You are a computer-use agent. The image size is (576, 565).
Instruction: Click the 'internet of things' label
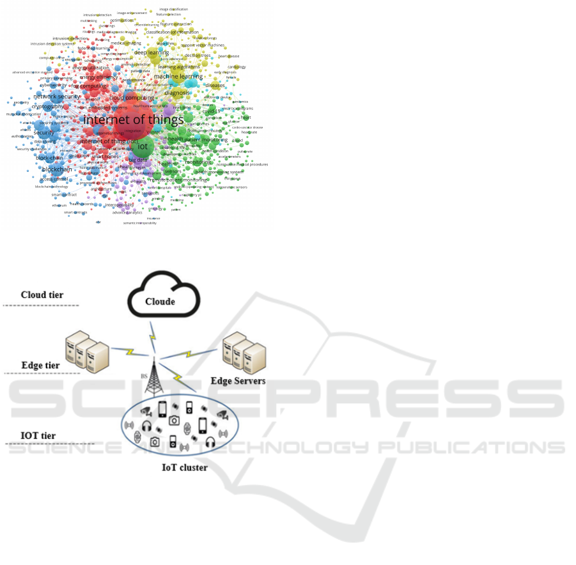pyautogui.click(x=134, y=120)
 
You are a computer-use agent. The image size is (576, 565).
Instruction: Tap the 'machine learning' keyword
pyautogui.click(x=178, y=77)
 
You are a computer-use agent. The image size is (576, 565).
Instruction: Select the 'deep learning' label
pyautogui.click(x=152, y=52)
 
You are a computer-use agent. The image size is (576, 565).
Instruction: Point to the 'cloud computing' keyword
pyautogui.click(x=132, y=98)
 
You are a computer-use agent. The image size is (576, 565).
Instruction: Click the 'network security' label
pyautogui.click(x=57, y=97)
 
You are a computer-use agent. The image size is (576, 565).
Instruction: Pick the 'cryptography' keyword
pyautogui.click(x=47, y=107)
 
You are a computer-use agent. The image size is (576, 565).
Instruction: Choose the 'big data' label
pyautogui.click(x=138, y=160)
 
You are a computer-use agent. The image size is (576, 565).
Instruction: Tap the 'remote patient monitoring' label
pyautogui.click(x=178, y=180)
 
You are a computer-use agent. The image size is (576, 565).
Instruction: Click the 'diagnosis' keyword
pyautogui.click(x=177, y=93)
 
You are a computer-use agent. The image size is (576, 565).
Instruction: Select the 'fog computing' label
pyautogui.click(x=89, y=86)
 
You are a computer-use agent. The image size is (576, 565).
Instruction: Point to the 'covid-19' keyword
pyautogui.click(x=211, y=111)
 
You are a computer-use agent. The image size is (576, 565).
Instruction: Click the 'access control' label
pyautogui.click(x=54, y=180)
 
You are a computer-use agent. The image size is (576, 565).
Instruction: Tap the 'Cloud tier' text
pyautogui.click(x=42, y=295)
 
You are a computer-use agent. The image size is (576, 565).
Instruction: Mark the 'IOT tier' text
pyautogui.click(x=38, y=436)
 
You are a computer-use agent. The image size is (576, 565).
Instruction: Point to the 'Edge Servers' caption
pyautogui.click(x=238, y=381)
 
